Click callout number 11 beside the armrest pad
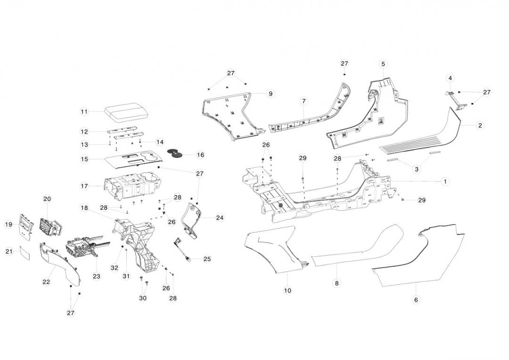click(x=84, y=112)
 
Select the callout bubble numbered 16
click(x=200, y=155)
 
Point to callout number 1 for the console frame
click(x=445, y=181)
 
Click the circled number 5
click(x=383, y=64)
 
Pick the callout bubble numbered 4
click(x=450, y=78)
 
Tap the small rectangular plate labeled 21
click(x=23, y=253)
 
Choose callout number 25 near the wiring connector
click(x=207, y=259)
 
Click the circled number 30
click(x=143, y=298)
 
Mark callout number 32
click(x=114, y=268)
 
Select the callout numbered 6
click(x=416, y=300)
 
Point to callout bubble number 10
click(x=287, y=291)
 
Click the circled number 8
click(x=337, y=283)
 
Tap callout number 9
click(x=271, y=94)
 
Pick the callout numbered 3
click(x=417, y=169)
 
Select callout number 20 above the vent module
click(x=47, y=199)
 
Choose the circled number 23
click(x=97, y=276)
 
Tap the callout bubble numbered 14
click(x=160, y=142)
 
